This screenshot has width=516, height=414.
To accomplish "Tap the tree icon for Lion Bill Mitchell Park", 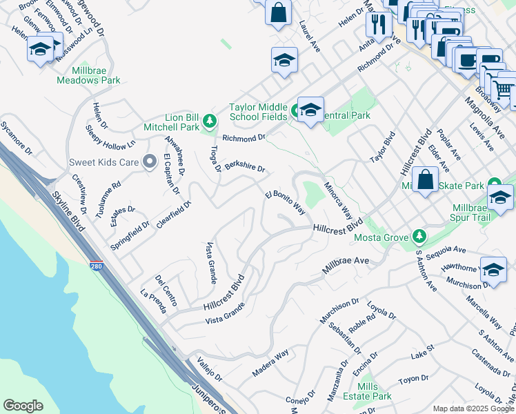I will coord(210,123).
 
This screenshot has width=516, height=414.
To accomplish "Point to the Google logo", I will coord(23,406).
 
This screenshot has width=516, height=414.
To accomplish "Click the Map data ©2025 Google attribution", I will coord(473,408).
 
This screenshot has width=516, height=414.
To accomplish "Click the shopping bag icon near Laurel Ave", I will coord(278,12).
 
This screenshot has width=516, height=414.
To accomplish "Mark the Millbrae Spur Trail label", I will coord(483,213).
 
